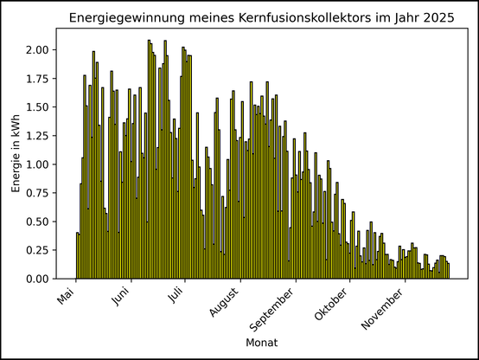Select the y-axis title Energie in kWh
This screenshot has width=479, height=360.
tap(16, 153)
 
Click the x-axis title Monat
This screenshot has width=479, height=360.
tap(262, 344)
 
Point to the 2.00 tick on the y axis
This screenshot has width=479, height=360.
tap(38, 49)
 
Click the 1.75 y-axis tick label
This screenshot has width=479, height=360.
tap(38, 78)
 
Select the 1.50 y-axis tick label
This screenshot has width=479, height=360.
tap(38, 106)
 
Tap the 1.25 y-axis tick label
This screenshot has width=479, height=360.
tap(38, 135)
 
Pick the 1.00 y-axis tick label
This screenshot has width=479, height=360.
tap(38, 164)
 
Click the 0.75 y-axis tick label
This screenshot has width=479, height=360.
tap(38, 193)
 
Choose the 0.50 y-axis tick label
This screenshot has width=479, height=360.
tap(38, 222)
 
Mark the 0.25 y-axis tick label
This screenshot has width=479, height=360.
tap(38, 250)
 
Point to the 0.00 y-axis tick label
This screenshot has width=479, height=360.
tap(38, 279)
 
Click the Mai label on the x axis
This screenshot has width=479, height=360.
tap(67, 297)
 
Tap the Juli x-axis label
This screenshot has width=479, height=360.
tap(176, 297)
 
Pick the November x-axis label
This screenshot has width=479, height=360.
tap(383, 306)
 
